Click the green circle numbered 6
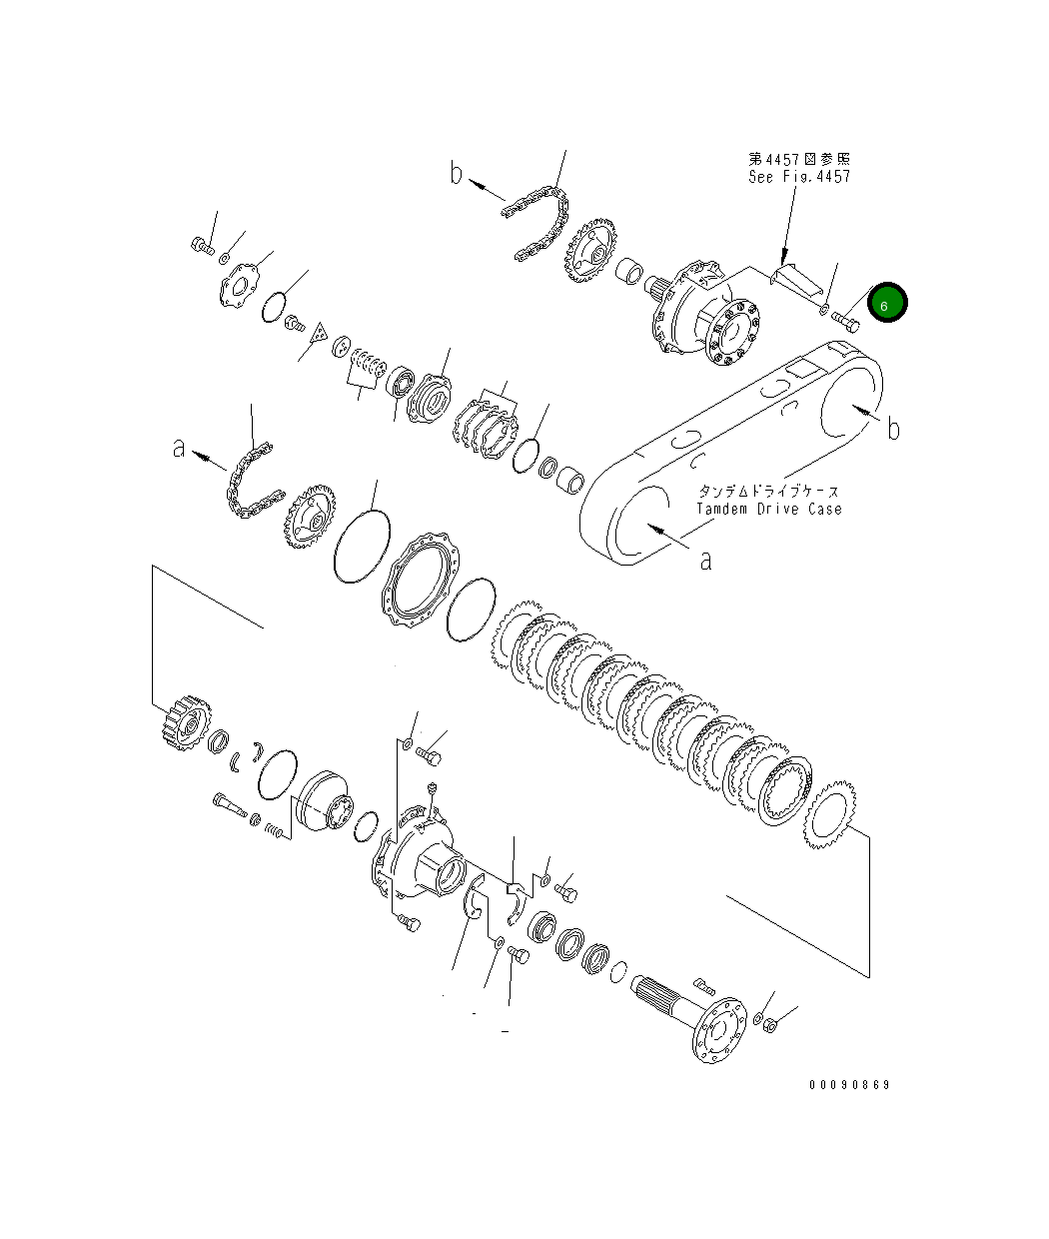[886, 304]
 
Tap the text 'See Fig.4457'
[799, 177]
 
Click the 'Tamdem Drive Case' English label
[769, 509]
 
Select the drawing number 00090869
[849, 1085]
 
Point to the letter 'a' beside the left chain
[179, 450]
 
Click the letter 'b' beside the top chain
[456, 175]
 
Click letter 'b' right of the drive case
[893, 429]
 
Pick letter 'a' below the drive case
[705, 561]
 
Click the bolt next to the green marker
[845, 322]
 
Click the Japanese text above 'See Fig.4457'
[799, 159]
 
